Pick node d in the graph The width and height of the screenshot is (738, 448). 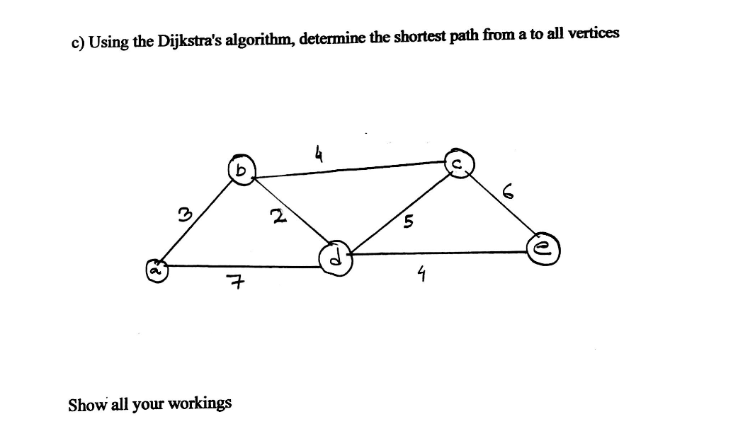[x=334, y=259]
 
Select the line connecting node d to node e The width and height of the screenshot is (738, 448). [x=439, y=251]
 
